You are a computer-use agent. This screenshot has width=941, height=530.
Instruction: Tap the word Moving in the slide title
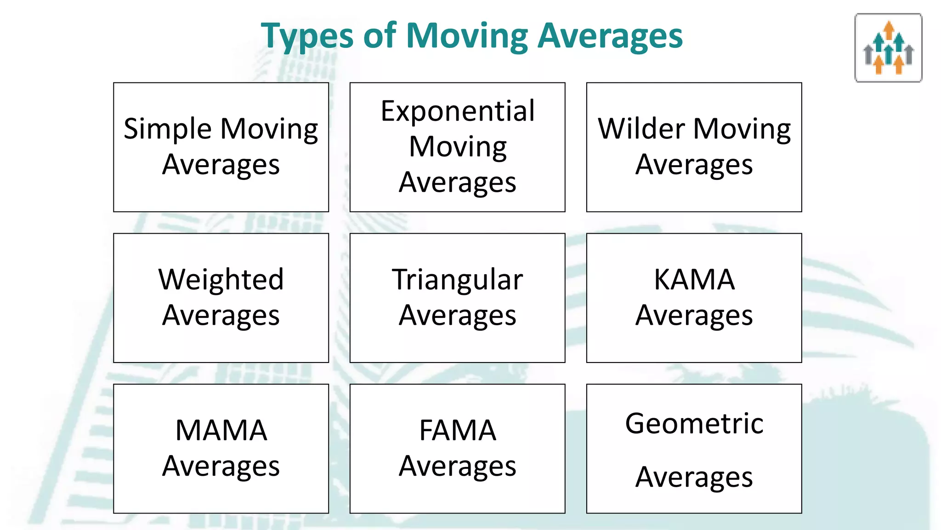[467, 36]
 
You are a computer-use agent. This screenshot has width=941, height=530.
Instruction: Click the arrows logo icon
[888, 48]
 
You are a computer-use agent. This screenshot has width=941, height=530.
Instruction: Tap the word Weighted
[221, 280]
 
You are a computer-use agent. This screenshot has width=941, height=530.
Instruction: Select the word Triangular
[458, 280]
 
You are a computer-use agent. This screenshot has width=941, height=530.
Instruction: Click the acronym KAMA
[694, 280]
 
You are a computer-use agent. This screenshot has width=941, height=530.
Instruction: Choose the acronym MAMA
[221, 431]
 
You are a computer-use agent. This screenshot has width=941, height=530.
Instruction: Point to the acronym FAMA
[458, 431]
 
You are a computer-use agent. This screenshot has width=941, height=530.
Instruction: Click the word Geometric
[694, 423]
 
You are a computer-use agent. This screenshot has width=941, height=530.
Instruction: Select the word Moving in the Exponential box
[458, 147]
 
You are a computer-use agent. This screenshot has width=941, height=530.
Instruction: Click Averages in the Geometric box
[694, 477]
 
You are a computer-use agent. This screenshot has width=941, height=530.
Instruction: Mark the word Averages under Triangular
[458, 316]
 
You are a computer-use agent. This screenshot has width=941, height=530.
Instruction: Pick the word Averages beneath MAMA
[221, 467]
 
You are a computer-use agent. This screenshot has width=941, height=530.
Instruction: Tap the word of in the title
[380, 36]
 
